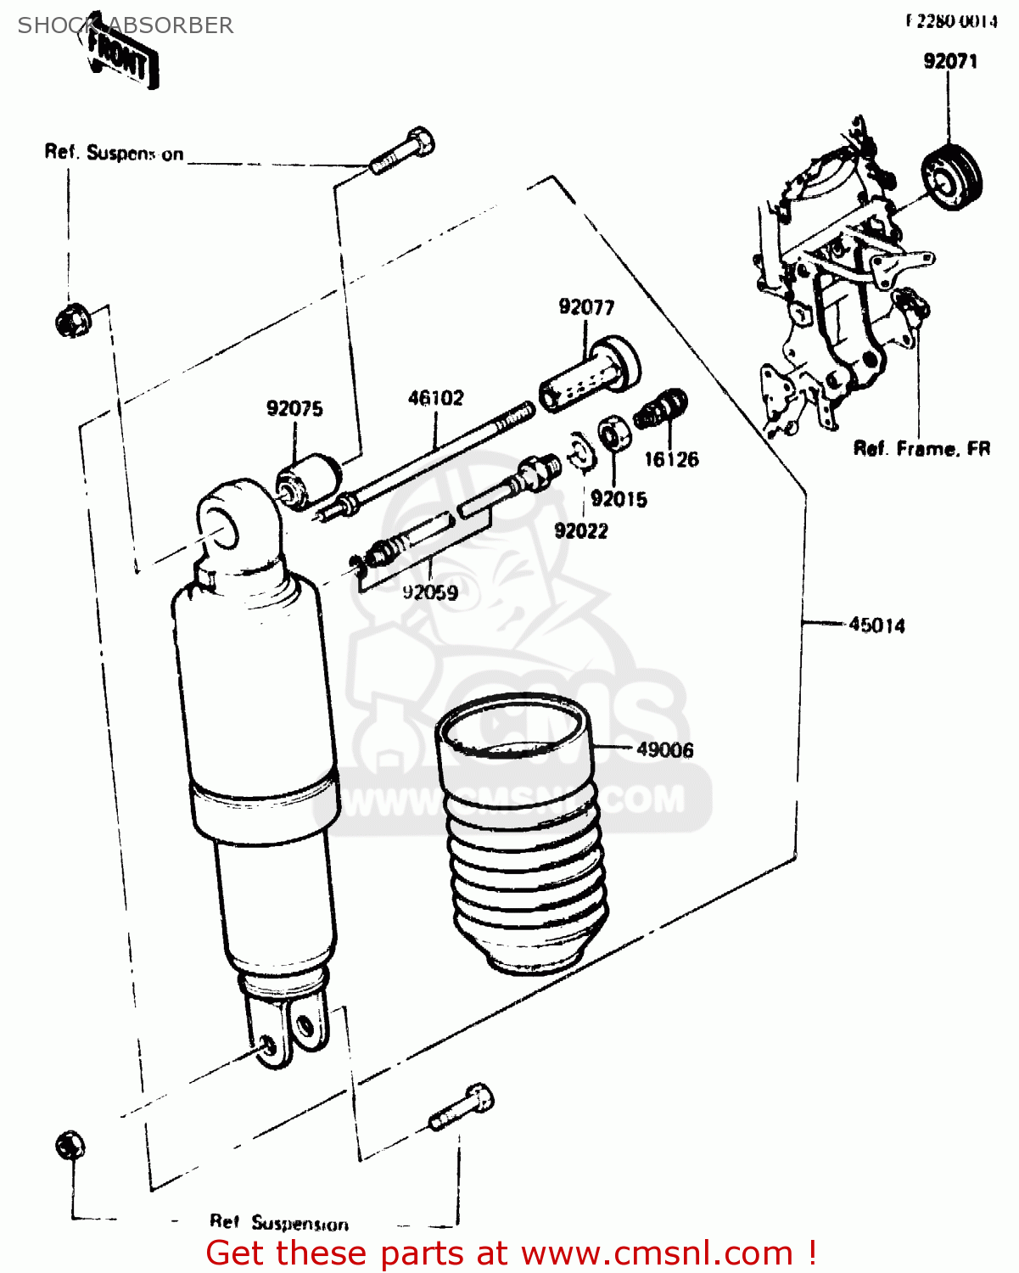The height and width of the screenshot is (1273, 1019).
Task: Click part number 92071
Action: click(949, 61)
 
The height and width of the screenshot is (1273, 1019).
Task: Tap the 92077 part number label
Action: click(586, 306)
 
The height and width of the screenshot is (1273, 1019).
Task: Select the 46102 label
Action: click(435, 397)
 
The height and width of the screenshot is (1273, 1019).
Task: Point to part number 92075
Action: click(294, 408)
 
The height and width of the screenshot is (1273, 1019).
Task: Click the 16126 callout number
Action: click(671, 459)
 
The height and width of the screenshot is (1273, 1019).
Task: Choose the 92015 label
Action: click(619, 499)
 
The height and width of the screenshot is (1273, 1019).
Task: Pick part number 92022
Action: click(581, 530)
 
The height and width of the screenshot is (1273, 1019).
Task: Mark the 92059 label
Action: click(430, 592)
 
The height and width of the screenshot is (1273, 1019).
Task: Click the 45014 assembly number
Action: click(876, 625)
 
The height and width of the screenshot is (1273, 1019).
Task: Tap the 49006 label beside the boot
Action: click(664, 749)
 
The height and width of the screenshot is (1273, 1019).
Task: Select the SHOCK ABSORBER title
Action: click(126, 25)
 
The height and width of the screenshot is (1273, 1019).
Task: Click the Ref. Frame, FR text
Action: click(921, 448)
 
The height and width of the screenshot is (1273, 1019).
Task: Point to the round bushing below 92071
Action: click(952, 177)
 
